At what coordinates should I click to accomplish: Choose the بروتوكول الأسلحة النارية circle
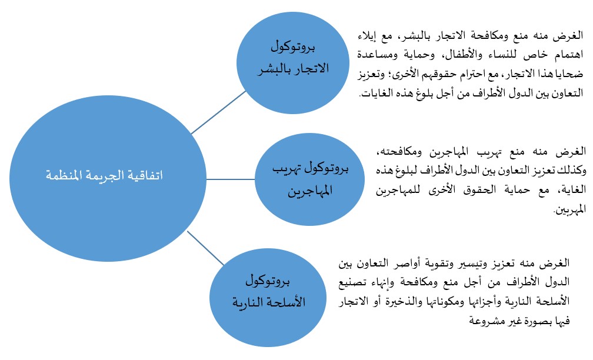click(259, 294)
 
